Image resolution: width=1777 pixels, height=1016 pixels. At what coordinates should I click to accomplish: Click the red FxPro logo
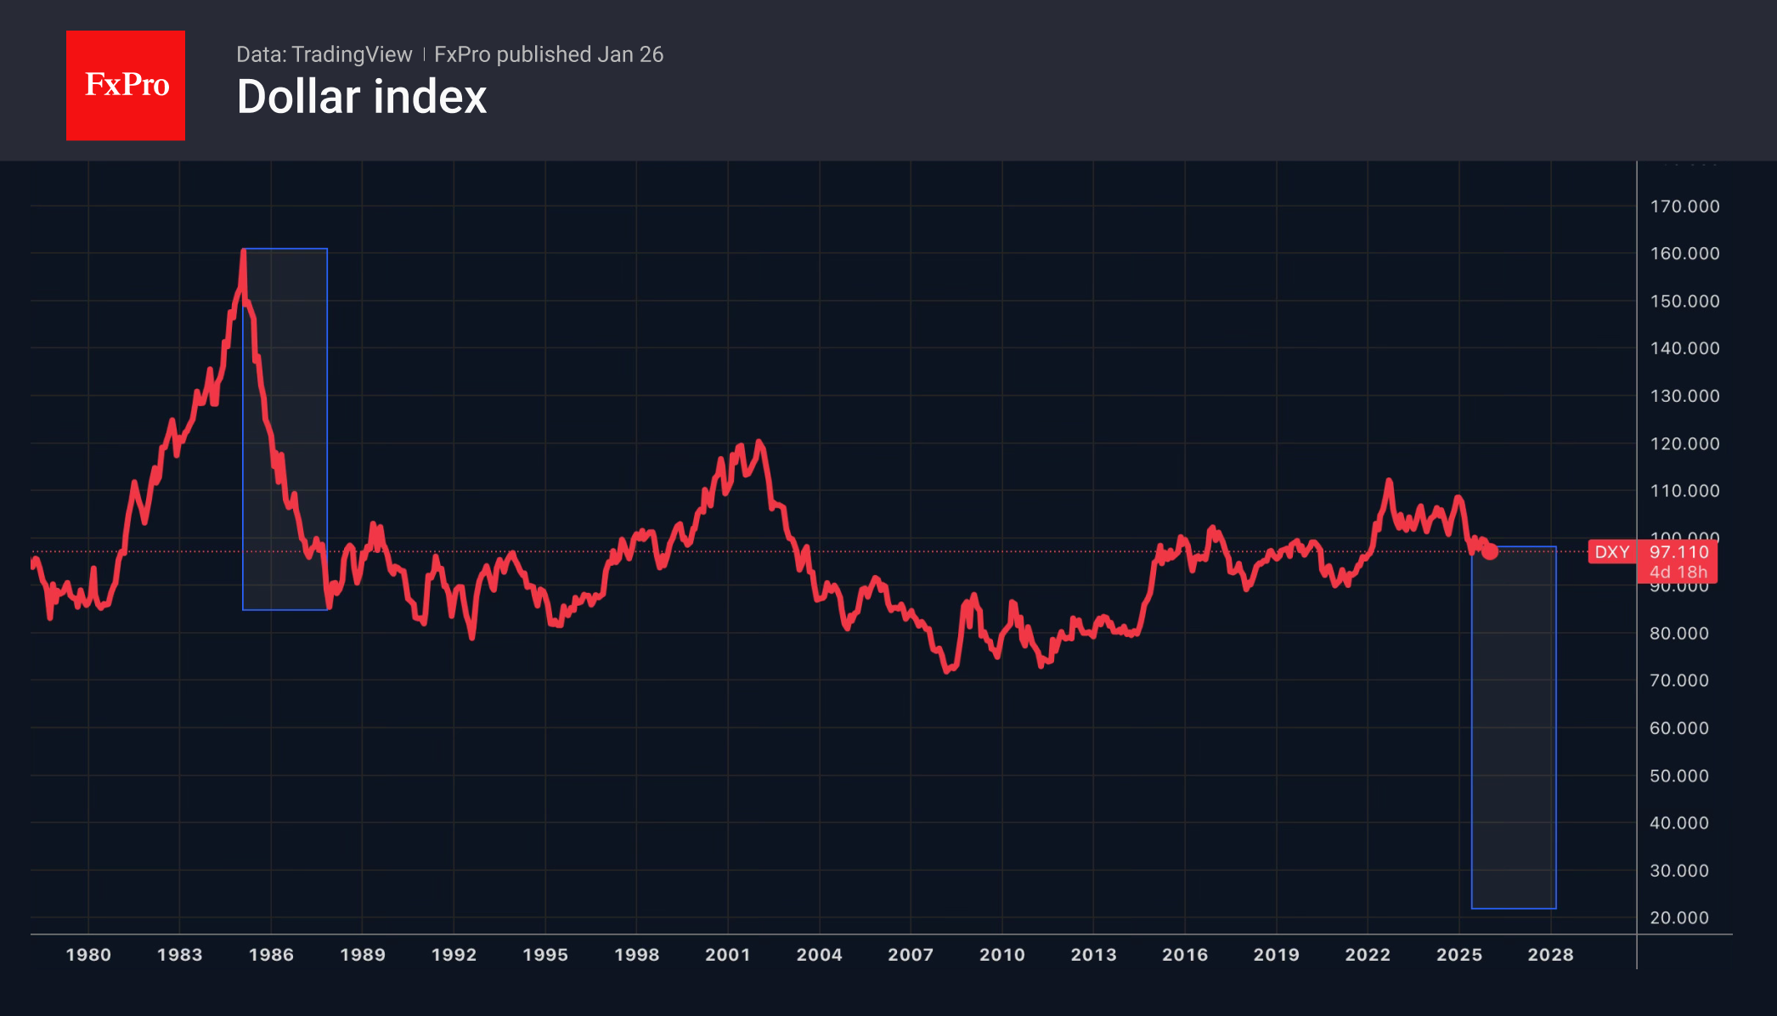click(126, 85)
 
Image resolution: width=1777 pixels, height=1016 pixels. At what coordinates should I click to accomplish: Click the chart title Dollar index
click(362, 97)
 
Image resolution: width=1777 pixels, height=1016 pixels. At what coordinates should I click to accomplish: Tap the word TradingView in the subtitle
click(352, 54)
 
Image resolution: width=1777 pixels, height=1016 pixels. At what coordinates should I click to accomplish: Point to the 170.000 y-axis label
click(1684, 206)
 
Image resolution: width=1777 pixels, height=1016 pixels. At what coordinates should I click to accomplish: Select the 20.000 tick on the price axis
click(1678, 917)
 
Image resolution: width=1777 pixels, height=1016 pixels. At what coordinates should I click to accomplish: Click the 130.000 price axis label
click(1684, 396)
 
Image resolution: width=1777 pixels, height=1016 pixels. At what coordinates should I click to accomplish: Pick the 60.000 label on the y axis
click(1678, 728)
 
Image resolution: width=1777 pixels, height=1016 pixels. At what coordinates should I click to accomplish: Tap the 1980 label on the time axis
click(88, 955)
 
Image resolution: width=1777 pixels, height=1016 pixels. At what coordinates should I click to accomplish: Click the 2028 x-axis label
click(1550, 955)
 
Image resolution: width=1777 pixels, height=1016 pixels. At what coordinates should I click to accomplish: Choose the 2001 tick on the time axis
click(728, 955)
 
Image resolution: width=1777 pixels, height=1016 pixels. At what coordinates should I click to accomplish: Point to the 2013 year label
click(1093, 955)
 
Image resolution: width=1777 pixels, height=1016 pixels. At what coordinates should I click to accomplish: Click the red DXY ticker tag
click(1611, 552)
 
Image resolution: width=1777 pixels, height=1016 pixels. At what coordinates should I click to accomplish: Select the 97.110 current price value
click(1678, 552)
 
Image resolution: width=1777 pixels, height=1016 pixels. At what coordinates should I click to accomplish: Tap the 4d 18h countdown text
click(1678, 573)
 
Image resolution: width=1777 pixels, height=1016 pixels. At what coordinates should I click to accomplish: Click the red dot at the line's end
click(1490, 552)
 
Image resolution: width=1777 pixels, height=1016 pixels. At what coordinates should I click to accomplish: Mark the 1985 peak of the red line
click(244, 251)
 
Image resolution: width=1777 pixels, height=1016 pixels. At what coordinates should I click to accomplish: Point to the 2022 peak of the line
click(1389, 481)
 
